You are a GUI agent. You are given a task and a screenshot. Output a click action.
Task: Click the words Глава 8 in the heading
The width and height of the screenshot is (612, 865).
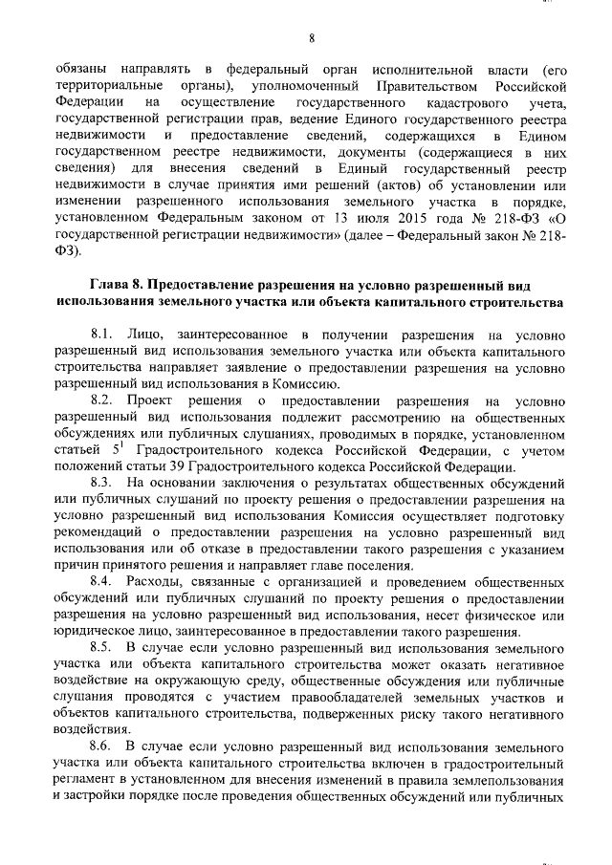tap(119, 287)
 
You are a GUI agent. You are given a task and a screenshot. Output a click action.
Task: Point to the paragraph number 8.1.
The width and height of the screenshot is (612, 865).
tap(103, 335)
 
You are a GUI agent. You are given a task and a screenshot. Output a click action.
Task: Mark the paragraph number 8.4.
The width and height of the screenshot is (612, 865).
tap(103, 581)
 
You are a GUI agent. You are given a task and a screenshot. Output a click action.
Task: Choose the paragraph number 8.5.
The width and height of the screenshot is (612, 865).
tap(103, 647)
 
